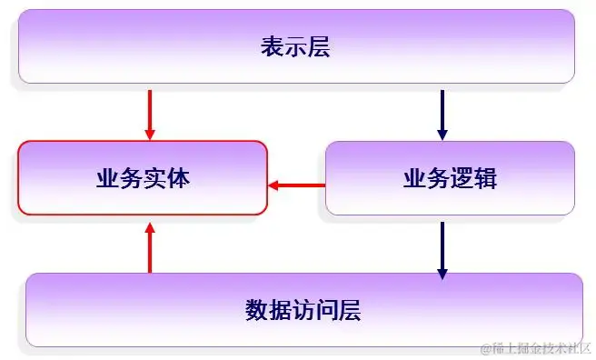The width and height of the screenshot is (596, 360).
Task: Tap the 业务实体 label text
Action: (143, 178)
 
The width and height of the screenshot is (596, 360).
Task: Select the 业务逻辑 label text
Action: (450, 178)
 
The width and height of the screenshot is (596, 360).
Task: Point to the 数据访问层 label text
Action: (303, 310)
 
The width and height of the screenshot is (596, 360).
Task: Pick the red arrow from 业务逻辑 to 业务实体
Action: (296, 186)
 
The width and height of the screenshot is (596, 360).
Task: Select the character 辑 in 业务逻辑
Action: (485, 178)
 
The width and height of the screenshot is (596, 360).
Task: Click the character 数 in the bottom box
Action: (257, 310)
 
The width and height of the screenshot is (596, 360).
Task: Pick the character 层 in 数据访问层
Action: (350, 310)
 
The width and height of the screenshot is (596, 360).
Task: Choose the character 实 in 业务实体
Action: (154, 178)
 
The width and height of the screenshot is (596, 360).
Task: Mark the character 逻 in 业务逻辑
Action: (462, 178)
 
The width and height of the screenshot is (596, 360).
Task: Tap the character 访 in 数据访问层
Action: (303, 310)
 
